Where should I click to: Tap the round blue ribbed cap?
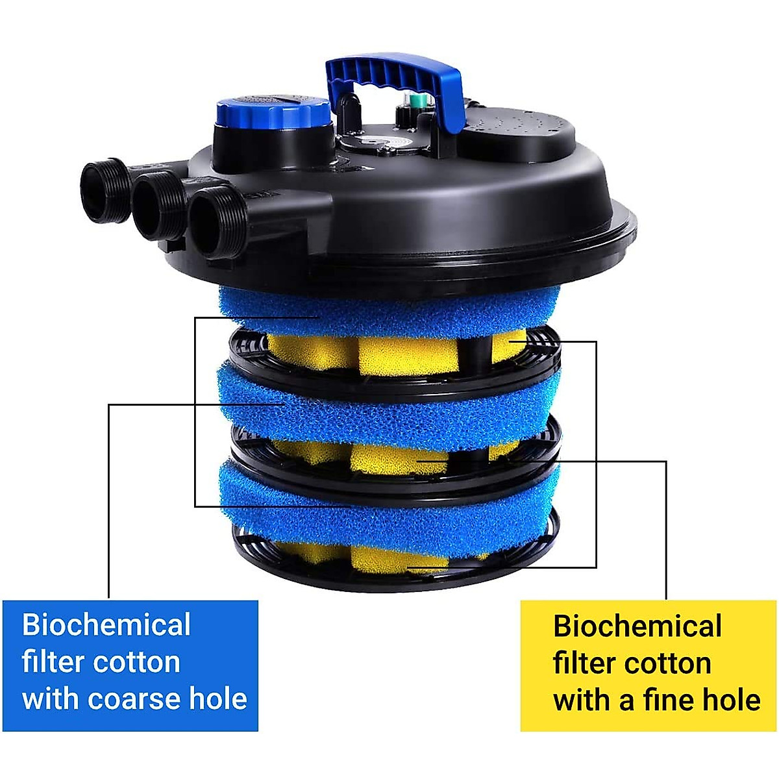coord(273,116)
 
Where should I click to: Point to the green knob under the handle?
coord(415,101)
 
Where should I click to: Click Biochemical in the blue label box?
coord(106,625)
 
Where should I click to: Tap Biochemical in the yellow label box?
coord(637,626)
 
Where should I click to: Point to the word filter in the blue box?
coord(53,662)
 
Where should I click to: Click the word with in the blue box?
coord(51,699)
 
